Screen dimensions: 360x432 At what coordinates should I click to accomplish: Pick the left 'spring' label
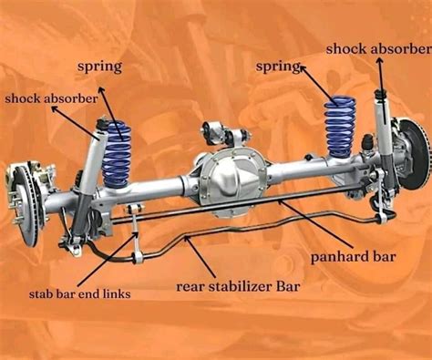coord(100,67)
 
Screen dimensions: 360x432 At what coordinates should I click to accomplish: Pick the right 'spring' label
coord(279,67)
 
